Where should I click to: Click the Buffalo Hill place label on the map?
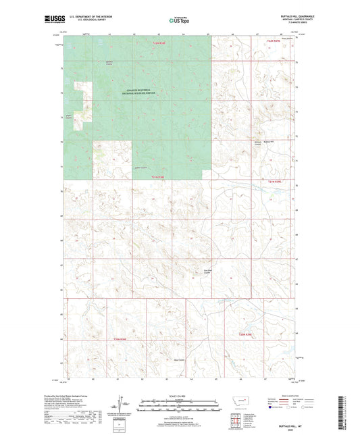point(268,143)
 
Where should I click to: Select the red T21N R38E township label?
point(158,177)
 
